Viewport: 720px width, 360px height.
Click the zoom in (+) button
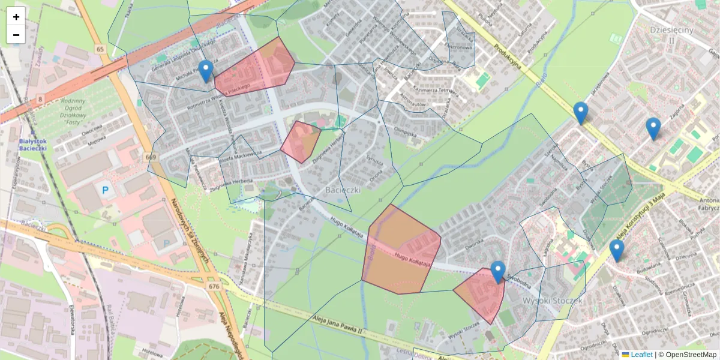pos(16,17)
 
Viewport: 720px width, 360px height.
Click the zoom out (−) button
pos(16,35)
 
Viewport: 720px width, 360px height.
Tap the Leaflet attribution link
pos(641,355)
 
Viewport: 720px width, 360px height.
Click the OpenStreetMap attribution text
pos(690,355)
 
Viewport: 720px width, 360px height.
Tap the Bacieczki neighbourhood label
pos(343,190)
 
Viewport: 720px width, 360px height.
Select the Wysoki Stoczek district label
pos(553,299)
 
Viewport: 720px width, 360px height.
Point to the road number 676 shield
pos(214,286)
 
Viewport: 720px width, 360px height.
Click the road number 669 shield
pos(150,157)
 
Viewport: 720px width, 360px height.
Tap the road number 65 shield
pos(100,49)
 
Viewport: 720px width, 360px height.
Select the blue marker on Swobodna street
pos(497,272)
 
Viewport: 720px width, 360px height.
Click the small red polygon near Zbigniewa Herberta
pos(300,141)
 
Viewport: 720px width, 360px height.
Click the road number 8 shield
pos(40,97)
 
